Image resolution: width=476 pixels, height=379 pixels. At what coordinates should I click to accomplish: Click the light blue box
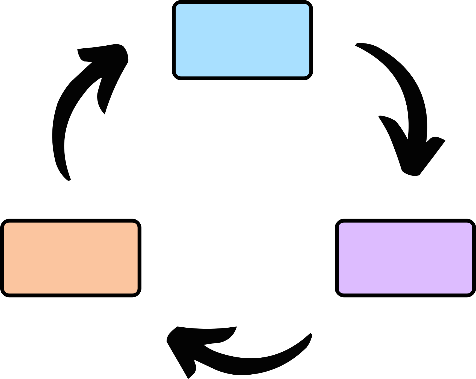point(242,40)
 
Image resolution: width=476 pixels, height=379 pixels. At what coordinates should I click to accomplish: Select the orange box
point(71,258)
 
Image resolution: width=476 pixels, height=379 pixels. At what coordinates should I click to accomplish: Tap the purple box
point(405,258)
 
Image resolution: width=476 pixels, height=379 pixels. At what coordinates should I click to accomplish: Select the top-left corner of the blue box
point(176,5)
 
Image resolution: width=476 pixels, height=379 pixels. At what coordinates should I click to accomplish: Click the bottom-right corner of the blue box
point(309,76)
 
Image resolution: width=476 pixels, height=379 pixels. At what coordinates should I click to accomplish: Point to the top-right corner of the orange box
point(137,223)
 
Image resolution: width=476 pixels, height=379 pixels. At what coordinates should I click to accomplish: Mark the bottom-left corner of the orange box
point(5,293)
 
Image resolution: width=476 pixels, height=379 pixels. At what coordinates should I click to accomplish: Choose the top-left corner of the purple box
point(339,223)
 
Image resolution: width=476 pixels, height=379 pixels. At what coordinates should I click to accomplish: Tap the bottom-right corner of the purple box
point(471,293)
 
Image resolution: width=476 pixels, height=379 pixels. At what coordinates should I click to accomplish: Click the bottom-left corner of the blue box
point(176,76)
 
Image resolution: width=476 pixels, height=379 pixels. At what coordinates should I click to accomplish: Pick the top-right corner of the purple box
point(471,223)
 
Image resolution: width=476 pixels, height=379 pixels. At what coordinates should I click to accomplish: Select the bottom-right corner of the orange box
point(137,293)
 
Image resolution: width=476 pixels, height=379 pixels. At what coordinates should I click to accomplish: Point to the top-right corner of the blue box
point(309,5)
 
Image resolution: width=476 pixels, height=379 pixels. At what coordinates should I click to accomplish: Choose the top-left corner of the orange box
point(5,223)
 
